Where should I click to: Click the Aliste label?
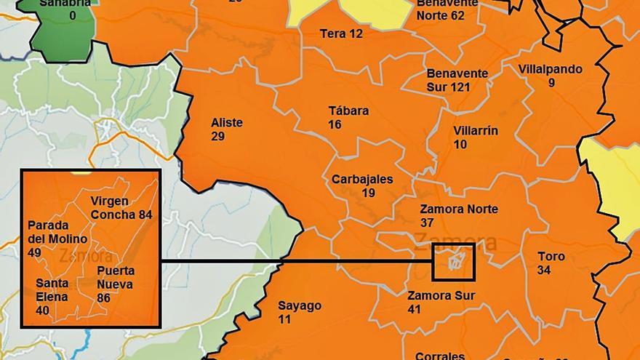226,123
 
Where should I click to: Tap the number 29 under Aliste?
218,137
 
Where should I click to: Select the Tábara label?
348,111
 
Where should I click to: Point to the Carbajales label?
362,179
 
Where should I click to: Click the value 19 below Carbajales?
368,193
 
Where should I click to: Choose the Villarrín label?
476,131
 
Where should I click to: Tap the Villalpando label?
551,69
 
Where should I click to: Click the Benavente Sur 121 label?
457,80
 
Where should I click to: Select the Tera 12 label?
340,33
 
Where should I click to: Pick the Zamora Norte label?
459,209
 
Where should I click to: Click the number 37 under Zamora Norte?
427,223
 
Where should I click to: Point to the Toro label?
551,257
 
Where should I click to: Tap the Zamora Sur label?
441,296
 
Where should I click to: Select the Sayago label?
299,305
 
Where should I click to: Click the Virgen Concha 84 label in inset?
121,208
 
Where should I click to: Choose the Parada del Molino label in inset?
57,232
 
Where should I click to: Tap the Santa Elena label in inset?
52,290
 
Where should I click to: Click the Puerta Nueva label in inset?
116,277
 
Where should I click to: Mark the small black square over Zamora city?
453,263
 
